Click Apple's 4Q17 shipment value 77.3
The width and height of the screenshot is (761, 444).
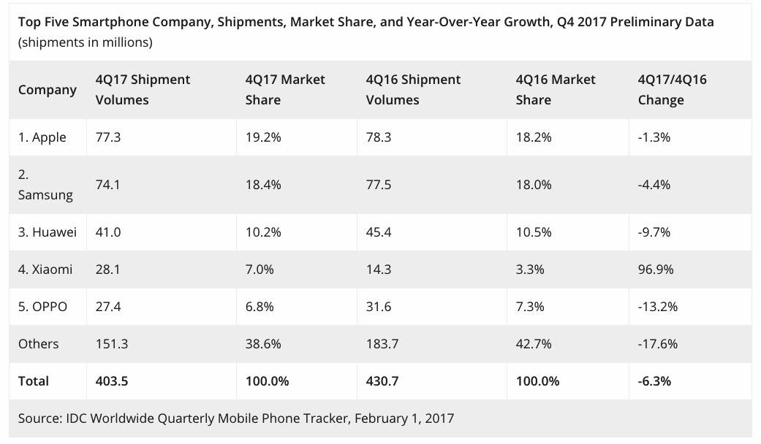tap(108, 137)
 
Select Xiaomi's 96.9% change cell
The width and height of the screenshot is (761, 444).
tap(655, 269)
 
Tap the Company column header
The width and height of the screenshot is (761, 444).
tap(48, 90)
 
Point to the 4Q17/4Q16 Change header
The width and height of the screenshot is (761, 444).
tap(672, 90)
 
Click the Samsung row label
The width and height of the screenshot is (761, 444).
tap(45, 185)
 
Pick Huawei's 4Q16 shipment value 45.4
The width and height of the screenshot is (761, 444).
tap(378, 232)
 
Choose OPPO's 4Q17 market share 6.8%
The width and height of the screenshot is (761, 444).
tap(260, 307)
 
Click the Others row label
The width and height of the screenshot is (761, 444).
tap(39, 344)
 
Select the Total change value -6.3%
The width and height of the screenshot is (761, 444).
tap(654, 380)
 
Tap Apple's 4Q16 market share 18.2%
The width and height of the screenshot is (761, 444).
tap(534, 137)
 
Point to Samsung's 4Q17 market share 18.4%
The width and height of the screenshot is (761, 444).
tap(263, 185)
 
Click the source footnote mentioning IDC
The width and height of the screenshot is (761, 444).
tap(236, 418)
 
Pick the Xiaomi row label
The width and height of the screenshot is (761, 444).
tap(45, 269)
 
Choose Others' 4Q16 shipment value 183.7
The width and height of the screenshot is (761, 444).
tap(382, 344)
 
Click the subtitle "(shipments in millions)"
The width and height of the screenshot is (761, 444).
tap(86, 42)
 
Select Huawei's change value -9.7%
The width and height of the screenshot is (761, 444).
tap(654, 232)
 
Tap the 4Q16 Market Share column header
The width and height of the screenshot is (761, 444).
tap(556, 90)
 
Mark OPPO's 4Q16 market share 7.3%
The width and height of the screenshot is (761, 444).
tap(530, 307)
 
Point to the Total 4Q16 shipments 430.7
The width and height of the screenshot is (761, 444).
tap(384, 380)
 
